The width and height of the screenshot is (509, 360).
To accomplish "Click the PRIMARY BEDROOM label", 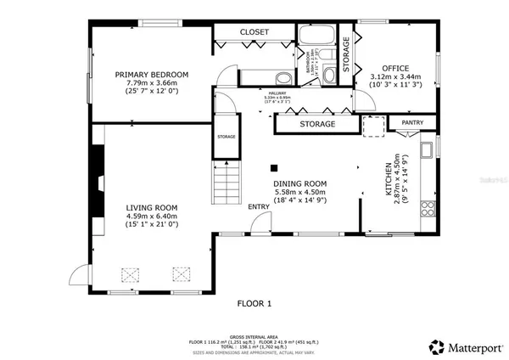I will coord(152,75).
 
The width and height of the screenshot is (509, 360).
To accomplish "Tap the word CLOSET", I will coord(254,32).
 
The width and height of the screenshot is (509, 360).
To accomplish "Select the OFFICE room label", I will coord(395,67).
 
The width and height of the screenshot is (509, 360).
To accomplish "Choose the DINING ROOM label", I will coord(299,183).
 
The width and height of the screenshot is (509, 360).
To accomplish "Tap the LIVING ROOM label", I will coord(152,208).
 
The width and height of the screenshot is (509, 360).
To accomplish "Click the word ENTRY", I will coord(259,206).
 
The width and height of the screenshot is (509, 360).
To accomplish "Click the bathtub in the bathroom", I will coord(318,37).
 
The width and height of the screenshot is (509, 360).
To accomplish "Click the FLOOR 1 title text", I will coord(254,302).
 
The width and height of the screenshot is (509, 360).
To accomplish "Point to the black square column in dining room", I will coord(274,166).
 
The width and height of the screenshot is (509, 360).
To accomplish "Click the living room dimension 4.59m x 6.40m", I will coord(152,217).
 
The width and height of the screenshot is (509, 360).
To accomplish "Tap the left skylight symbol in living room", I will coord(130,273).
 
